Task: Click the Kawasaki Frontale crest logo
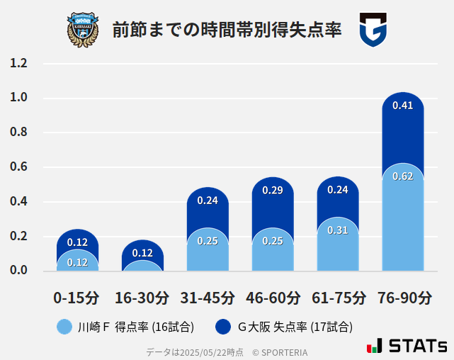coord(83,29)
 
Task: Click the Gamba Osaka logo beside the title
coord(373,30)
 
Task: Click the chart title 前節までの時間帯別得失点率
coord(227,30)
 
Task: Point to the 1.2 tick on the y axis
coord(19,64)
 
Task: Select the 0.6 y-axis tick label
coord(19,167)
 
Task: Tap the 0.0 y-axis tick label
coord(19,271)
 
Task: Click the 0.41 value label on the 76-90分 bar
coord(402,106)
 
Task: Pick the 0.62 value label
coord(402,176)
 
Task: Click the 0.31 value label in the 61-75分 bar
coord(337,230)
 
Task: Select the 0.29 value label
coord(273,190)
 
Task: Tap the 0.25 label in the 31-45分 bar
coord(208,241)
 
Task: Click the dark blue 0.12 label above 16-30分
coord(142,253)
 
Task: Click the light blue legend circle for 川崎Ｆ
coord(64,327)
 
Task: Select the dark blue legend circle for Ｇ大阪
coord(223,327)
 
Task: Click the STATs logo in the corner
coord(407,347)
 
